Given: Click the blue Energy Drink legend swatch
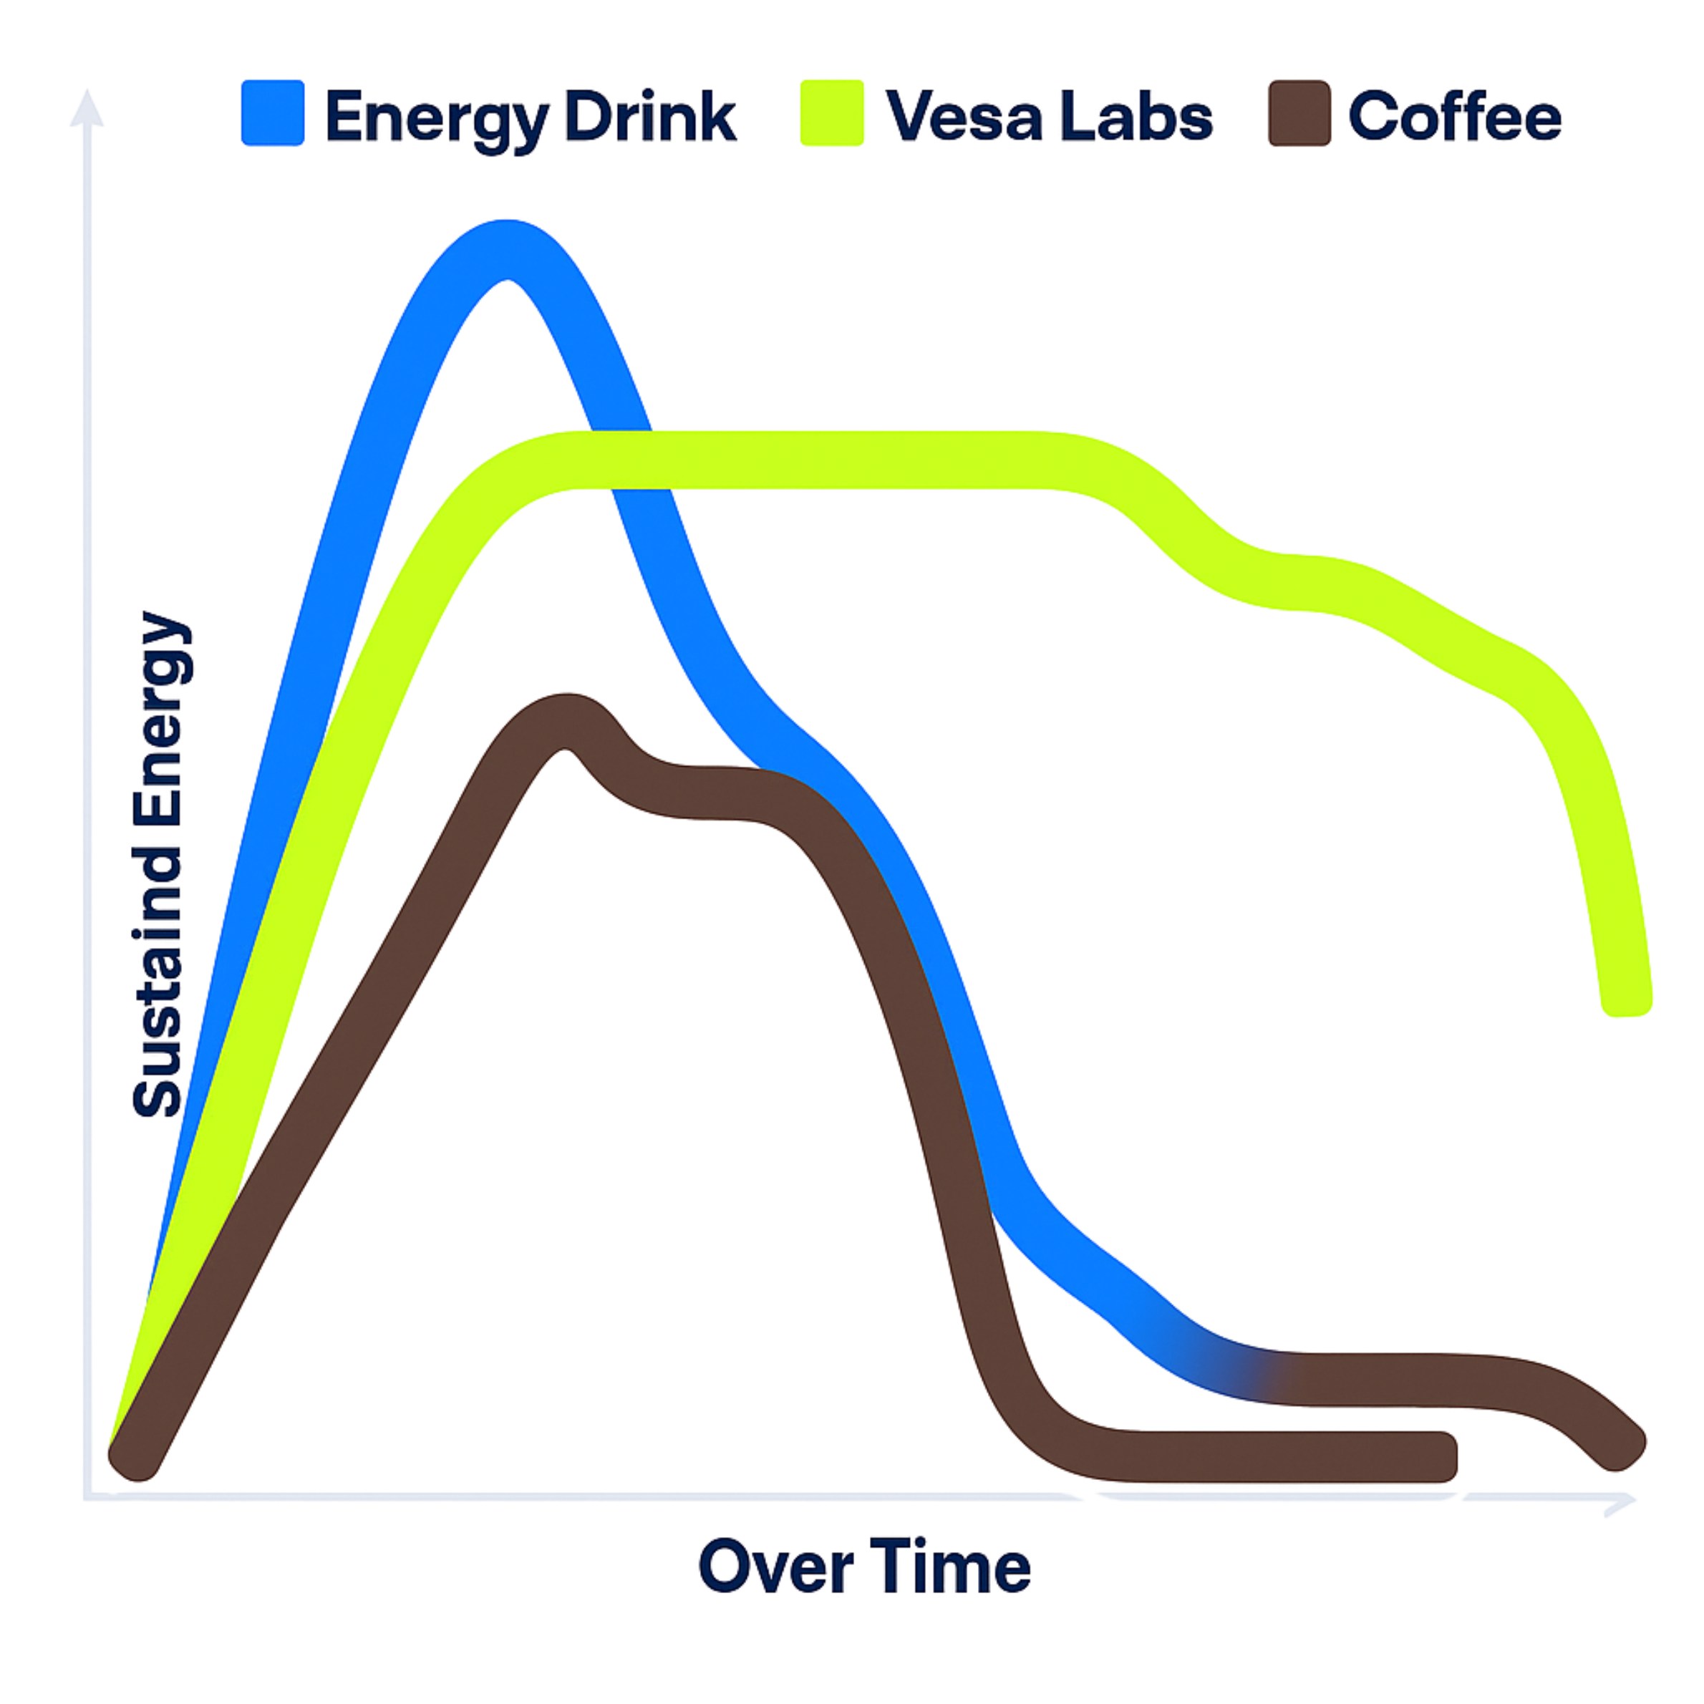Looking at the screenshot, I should (273, 113).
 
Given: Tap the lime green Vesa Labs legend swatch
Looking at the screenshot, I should (832, 113).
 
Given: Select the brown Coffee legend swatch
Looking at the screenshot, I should (1299, 114).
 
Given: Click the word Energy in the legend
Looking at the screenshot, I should (438, 118).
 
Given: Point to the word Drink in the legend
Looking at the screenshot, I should (650, 117).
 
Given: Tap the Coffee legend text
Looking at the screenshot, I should (1454, 117).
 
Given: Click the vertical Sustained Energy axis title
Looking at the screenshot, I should (160, 864).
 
